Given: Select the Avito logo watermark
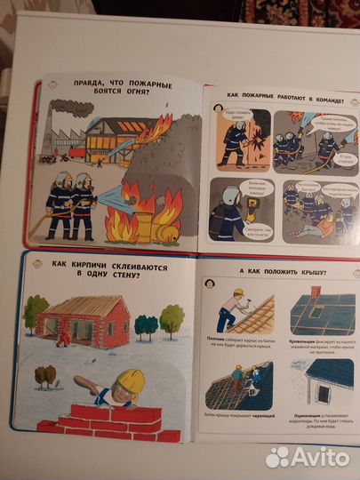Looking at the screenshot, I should (x=307, y=456).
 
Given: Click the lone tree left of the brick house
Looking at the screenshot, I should (x=36, y=313).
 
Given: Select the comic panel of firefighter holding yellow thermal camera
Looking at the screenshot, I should (x=236, y=209).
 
